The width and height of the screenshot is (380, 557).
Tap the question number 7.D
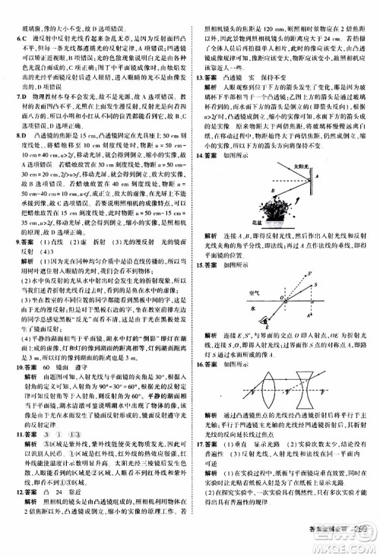coord(10,100)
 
